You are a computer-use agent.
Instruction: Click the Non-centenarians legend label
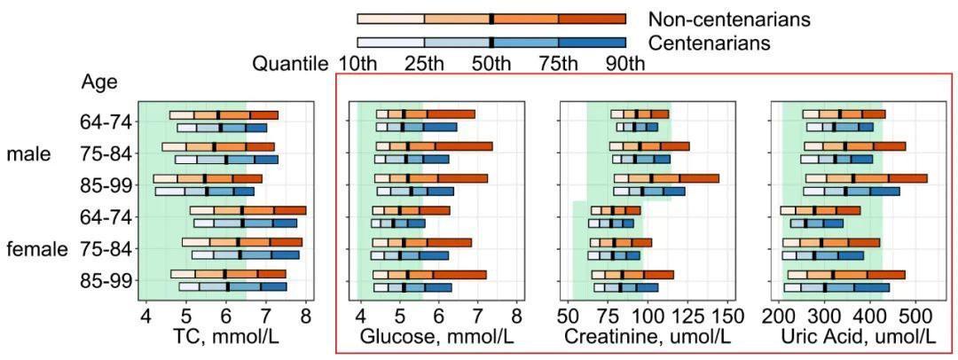729,19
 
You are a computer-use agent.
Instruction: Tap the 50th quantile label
491,64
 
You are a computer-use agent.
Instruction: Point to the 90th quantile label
625,64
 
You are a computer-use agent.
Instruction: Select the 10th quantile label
357,64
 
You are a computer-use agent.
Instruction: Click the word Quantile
291,64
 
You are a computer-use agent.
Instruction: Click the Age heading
99,82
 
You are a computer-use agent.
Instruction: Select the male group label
28,154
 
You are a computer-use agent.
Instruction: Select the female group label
36,249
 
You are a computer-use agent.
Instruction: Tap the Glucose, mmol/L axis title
436,337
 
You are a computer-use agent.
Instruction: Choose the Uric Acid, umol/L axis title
858,337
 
